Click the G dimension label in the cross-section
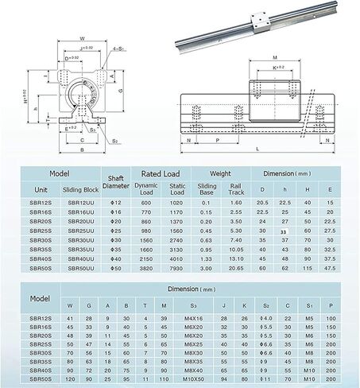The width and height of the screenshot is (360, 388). click(122, 92)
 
